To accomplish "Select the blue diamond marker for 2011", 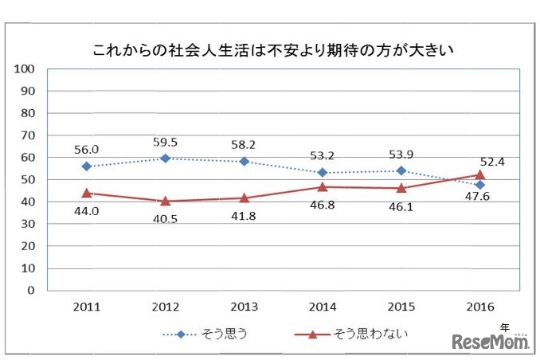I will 86,166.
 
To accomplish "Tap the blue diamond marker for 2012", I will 165,158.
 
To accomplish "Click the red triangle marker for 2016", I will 479,174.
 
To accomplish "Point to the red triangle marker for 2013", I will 244,198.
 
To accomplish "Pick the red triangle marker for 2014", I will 323,186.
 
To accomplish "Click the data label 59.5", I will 165,143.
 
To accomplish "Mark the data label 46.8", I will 323,204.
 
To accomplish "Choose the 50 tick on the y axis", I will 27,179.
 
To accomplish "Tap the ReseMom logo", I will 491,342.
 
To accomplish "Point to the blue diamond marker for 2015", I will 401,170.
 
